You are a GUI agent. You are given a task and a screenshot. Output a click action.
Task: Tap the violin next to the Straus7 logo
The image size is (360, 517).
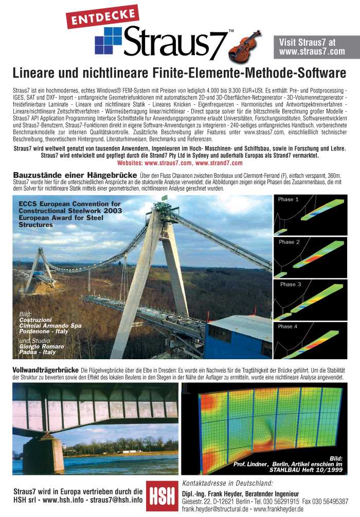(x=245, y=46)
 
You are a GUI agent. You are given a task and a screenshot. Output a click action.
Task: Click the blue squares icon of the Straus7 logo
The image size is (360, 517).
(x=108, y=41)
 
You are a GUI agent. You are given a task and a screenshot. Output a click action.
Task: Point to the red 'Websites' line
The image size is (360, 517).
(x=179, y=163)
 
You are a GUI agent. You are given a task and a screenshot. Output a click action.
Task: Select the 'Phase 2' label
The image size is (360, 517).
(x=290, y=242)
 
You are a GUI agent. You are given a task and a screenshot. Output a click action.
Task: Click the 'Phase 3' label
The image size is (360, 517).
(x=291, y=284)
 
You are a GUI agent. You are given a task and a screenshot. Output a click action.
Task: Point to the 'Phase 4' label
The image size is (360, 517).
(x=288, y=326)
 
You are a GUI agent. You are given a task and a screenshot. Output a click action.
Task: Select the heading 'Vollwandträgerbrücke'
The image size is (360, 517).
(x=45, y=370)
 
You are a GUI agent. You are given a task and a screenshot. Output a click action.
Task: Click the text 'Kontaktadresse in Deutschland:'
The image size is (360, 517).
(x=227, y=483)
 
